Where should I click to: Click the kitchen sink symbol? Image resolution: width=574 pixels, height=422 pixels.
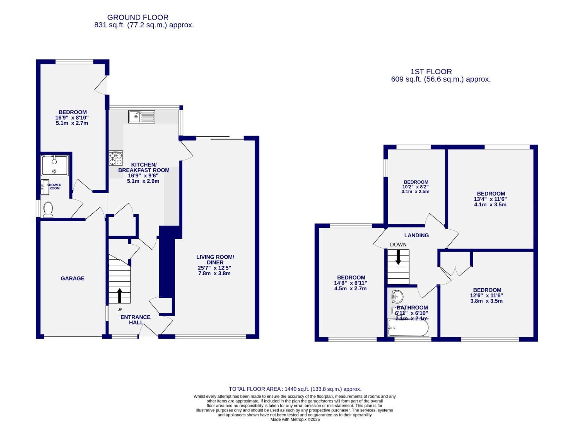click(x=142, y=116)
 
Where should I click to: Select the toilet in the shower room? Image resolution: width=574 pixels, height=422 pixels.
click(x=48, y=209)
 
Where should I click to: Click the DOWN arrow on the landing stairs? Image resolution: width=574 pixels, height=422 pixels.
click(x=398, y=257)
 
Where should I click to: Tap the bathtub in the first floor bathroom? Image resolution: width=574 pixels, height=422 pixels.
click(x=408, y=328)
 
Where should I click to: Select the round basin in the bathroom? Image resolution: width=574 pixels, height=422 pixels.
click(x=397, y=297)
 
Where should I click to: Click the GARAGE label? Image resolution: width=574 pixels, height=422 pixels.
click(x=72, y=279)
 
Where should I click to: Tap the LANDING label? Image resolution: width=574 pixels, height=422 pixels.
click(x=416, y=235)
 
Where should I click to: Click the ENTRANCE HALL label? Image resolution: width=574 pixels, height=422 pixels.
click(x=135, y=320)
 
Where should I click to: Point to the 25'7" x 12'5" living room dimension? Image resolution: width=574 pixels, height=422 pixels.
click(x=215, y=268)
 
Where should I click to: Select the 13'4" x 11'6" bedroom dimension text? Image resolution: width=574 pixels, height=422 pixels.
click(x=490, y=199)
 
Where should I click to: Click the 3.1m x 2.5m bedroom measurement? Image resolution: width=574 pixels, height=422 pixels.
click(x=415, y=191)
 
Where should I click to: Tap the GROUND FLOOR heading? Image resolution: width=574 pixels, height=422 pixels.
click(x=138, y=17)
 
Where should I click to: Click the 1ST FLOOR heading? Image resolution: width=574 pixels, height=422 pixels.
click(x=431, y=72)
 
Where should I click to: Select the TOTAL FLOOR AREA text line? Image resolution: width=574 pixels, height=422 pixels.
click(x=295, y=389)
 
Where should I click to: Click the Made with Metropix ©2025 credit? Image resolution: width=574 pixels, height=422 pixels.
click(x=295, y=419)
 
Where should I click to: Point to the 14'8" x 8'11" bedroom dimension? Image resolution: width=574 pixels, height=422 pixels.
click(x=350, y=283)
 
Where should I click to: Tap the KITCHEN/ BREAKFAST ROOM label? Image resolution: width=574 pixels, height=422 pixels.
click(x=143, y=167)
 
